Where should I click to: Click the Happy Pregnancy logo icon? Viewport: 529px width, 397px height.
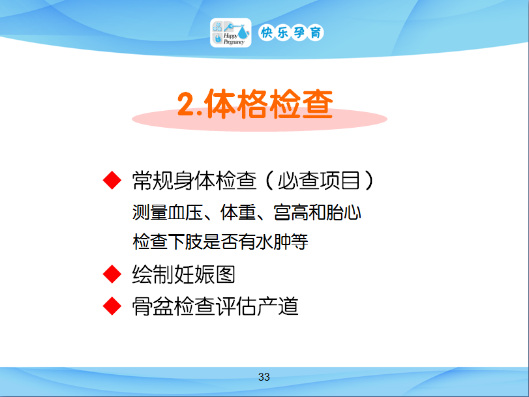pos(230,33)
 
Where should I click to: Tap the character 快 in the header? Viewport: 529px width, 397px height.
pos(267,33)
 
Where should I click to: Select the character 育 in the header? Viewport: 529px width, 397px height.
pos(316,33)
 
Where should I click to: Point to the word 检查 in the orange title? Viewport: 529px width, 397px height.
pos(301,104)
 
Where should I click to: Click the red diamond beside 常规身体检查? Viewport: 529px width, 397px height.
pos(112,180)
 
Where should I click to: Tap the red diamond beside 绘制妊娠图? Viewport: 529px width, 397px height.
pos(112,274)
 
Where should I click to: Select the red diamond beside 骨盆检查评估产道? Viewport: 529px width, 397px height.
pos(112,306)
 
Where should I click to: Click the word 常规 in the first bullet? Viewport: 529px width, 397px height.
pos(153,181)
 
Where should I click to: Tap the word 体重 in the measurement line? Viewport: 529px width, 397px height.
pos(238,213)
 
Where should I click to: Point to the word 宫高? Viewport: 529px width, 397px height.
pos(291,213)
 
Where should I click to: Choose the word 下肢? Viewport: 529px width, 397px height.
pos(185,241)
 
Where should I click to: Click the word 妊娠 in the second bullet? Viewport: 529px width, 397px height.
pos(194,274)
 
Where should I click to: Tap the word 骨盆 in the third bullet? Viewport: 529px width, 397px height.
pos(153,306)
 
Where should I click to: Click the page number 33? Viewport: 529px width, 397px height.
pos(264,377)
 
